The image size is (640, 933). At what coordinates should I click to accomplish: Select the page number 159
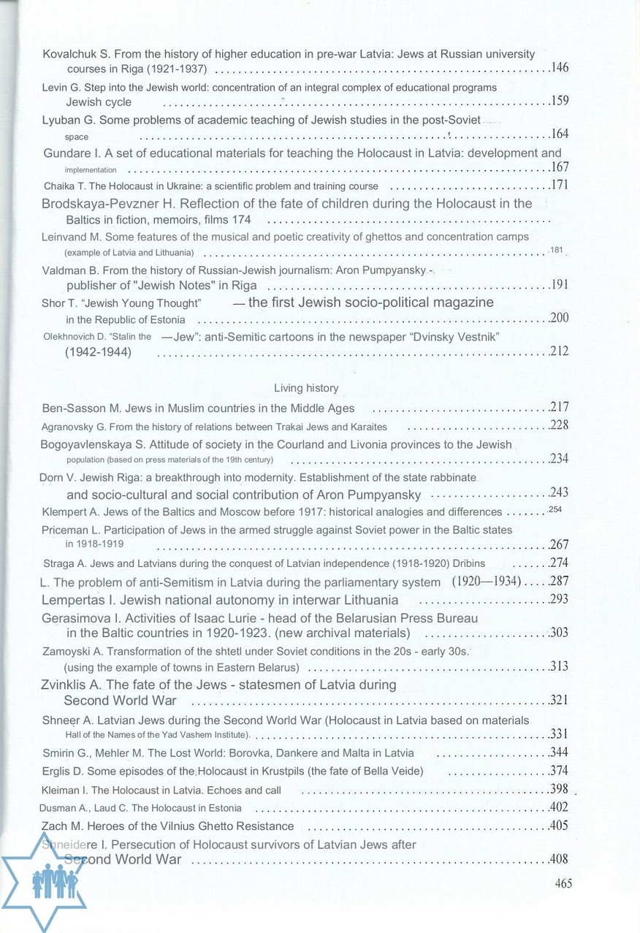(x=560, y=102)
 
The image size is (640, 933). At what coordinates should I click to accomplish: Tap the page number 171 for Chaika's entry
(x=560, y=185)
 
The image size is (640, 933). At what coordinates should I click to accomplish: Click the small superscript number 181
(x=557, y=251)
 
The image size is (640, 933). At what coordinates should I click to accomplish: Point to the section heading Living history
(x=306, y=388)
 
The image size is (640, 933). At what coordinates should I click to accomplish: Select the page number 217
(x=560, y=408)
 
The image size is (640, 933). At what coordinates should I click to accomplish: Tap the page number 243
(x=560, y=493)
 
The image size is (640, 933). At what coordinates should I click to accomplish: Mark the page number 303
(x=560, y=633)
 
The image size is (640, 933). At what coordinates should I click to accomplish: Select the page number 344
(x=560, y=753)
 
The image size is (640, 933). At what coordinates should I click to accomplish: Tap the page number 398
(x=560, y=789)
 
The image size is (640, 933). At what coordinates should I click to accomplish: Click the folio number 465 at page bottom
(x=563, y=883)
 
